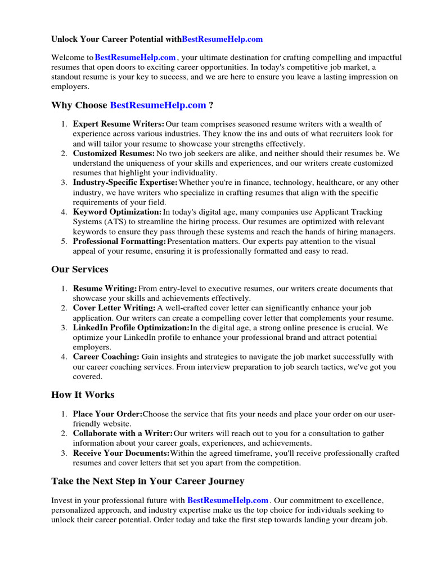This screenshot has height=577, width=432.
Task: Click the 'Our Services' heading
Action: (79, 269)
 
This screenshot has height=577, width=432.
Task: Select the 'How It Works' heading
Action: (83, 394)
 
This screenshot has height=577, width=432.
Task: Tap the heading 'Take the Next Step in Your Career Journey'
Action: (148, 481)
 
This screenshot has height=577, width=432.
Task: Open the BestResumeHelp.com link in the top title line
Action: (222, 39)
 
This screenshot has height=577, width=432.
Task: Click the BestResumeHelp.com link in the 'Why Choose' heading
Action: (158, 105)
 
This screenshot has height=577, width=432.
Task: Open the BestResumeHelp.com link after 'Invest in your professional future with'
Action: (228, 500)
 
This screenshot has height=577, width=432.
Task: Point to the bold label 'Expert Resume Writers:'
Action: (119, 124)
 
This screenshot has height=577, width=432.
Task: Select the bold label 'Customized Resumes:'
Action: (114, 153)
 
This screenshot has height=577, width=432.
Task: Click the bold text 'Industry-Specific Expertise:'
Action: (125, 183)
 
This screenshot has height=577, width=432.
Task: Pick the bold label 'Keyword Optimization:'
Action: (117, 212)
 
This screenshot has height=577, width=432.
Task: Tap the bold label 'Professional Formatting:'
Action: (119, 241)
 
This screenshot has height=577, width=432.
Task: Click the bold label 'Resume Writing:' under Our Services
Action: (105, 288)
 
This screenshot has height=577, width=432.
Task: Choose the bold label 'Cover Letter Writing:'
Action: (114, 308)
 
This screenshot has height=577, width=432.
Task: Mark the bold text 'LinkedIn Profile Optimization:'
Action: (131, 327)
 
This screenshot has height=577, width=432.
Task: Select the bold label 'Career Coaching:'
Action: (106, 357)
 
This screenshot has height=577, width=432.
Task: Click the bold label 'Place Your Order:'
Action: (107, 414)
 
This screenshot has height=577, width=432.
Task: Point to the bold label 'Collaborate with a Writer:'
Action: (123, 434)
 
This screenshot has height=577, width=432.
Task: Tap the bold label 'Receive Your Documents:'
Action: (121, 453)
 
